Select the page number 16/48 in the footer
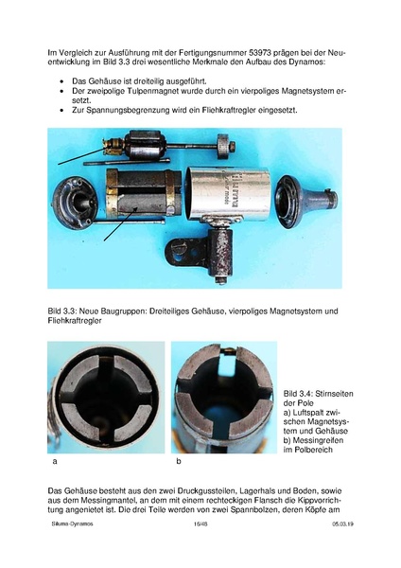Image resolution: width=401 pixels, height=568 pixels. [x=200, y=522]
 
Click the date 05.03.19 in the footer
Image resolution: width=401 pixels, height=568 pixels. [x=342, y=522]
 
